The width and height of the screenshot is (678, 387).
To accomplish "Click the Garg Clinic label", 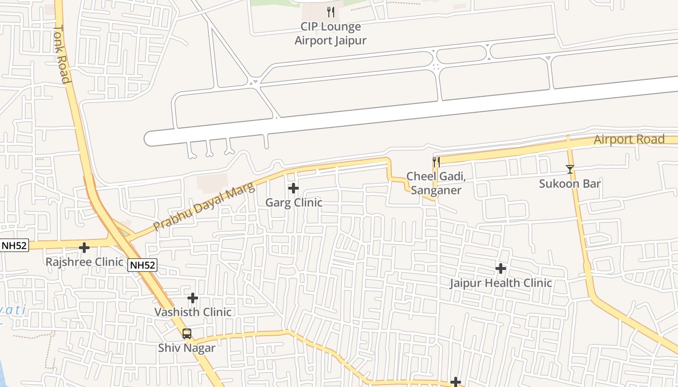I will (x=293, y=202).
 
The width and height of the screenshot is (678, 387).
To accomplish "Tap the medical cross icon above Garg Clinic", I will (x=293, y=188).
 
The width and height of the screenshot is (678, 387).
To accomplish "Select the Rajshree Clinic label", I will (x=84, y=262).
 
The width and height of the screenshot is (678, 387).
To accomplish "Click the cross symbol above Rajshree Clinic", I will (x=84, y=248).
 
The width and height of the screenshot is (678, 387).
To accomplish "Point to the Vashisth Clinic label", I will (x=193, y=312).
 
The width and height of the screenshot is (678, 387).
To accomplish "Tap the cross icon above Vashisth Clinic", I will (x=193, y=298).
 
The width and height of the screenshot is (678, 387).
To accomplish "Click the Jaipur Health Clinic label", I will (x=501, y=283).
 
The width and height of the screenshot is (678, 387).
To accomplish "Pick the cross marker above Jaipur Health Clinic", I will (x=501, y=268).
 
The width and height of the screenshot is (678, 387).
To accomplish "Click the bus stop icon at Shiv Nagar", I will (x=187, y=334).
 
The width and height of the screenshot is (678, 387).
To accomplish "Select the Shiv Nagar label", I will (x=187, y=347).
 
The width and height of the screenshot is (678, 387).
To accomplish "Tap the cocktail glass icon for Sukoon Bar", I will (x=570, y=169).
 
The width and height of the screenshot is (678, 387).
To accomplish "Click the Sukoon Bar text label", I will (x=570, y=184).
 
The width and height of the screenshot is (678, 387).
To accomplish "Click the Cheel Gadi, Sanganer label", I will (x=436, y=183).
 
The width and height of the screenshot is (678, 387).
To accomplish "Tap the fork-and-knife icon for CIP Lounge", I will (x=331, y=12).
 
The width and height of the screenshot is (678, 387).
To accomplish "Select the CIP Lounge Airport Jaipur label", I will (x=331, y=33).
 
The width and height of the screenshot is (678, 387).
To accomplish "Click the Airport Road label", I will (x=629, y=139).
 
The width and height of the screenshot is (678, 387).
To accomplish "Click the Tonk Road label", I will (x=62, y=54).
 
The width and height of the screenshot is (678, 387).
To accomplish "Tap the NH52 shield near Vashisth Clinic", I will (x=143, y=265).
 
